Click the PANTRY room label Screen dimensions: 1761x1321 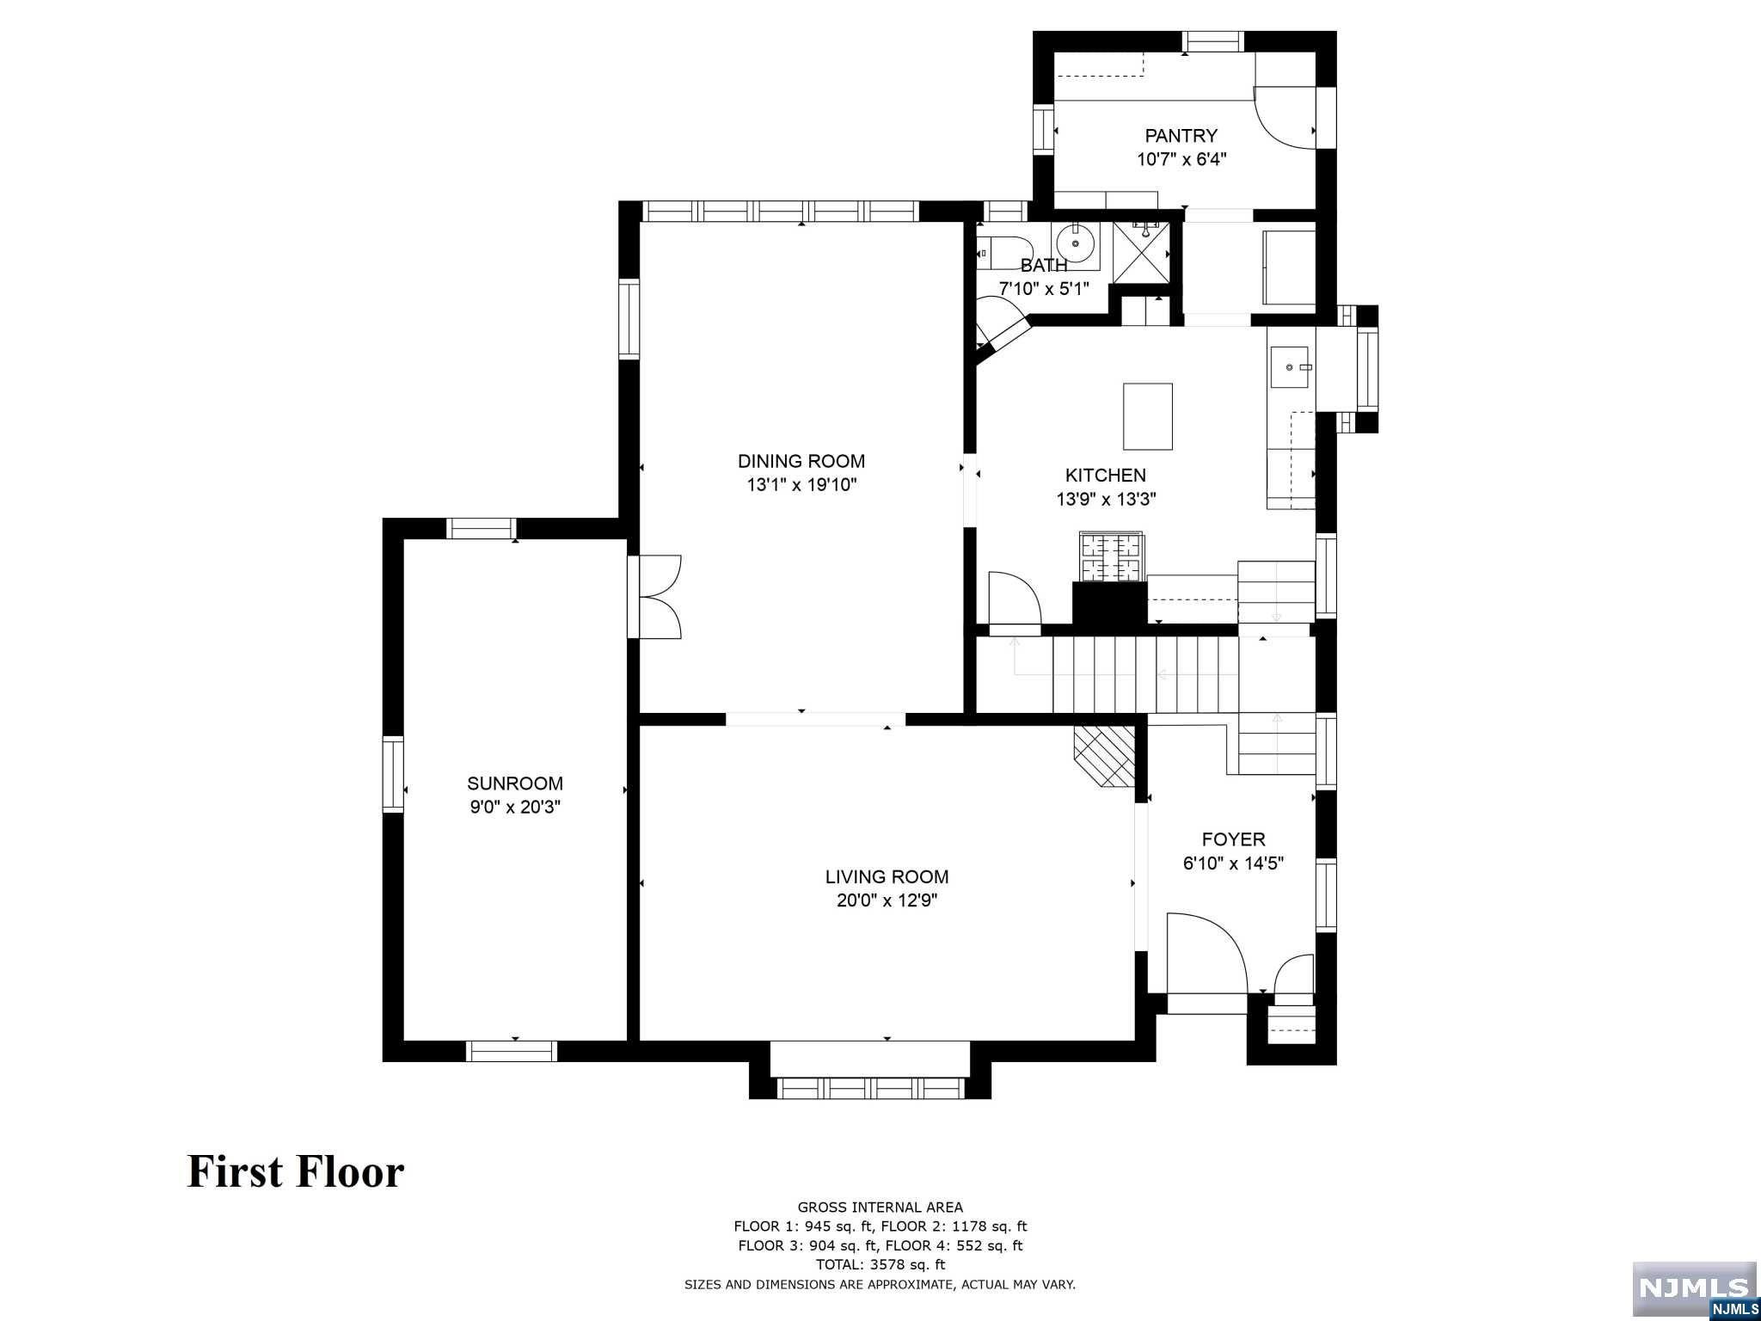(x=1181, y=135)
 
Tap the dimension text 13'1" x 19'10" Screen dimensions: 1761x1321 (x=801, y=485)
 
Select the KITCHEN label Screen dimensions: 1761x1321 (x=1105, y=475)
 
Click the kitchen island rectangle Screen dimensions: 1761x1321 (x=1147, y=416)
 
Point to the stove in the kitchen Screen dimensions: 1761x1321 (x=1111, y=556)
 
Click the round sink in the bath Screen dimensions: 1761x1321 (x=1075, y=243)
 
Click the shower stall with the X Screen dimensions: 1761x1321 (x=1141, y=253)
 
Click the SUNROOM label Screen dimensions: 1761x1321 (x=514, y=783)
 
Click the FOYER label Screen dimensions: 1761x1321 (x=1233, y=839)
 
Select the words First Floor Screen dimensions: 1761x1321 (x=296, y=1172)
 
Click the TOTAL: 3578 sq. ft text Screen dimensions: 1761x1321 (x=880, y=1265)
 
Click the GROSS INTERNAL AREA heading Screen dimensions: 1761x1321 (x=880, y=1207)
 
